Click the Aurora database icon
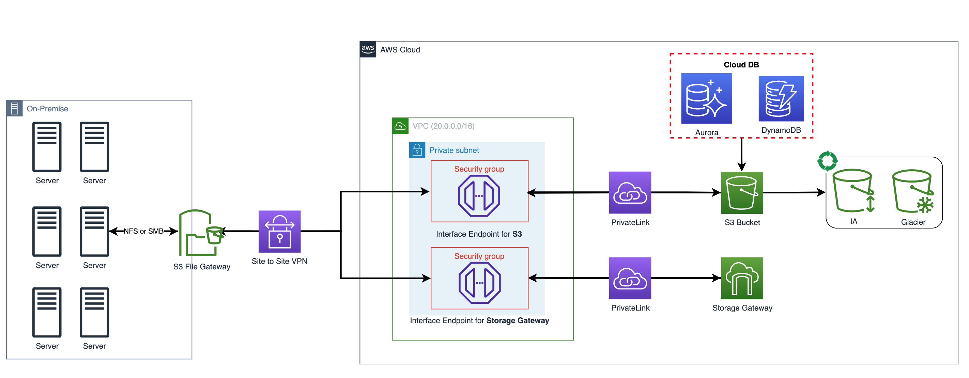point(706,98)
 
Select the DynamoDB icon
point(781,99)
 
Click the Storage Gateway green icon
point(741,278)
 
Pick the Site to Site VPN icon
point(279,231)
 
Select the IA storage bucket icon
point(853,191)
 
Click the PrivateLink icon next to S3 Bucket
point(630,192)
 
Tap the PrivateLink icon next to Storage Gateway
point(630,278)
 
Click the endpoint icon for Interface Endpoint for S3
point(478,195)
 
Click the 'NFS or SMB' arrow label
point(143,231)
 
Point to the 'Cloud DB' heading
point(741,65)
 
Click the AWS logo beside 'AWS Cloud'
point(368,49)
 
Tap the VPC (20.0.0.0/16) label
point(443,126)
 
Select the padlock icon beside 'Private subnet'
point(417,150)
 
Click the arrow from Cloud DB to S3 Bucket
point(741,154)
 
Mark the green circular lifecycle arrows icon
point(827,161)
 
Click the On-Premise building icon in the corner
point(14,108)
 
